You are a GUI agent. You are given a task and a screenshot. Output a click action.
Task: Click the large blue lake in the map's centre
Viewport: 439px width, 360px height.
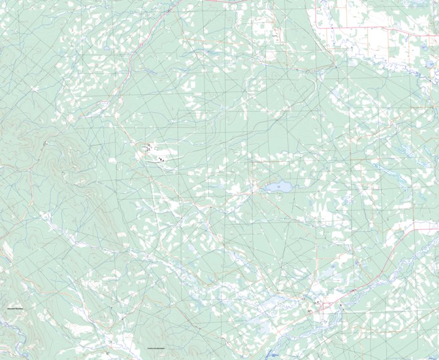[x=278, y=187]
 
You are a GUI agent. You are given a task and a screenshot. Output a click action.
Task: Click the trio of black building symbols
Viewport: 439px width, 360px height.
[x=162, y=159]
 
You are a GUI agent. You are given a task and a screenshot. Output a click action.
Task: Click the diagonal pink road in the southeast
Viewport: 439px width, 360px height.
[x=389, y=257]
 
